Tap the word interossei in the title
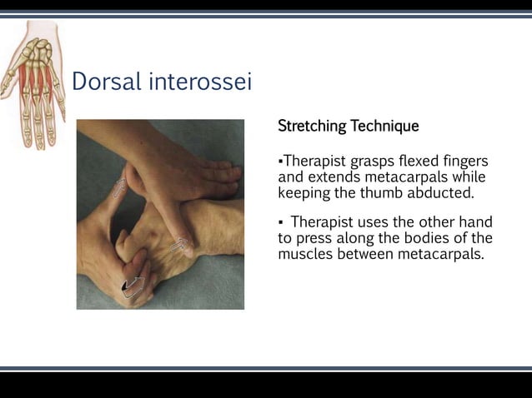[x=200, y=82]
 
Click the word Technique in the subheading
[x=384, y=127]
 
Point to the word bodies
[x=424, y=238]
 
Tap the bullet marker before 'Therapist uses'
[x=281, y=223]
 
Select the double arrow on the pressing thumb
[x=178, y=245]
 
